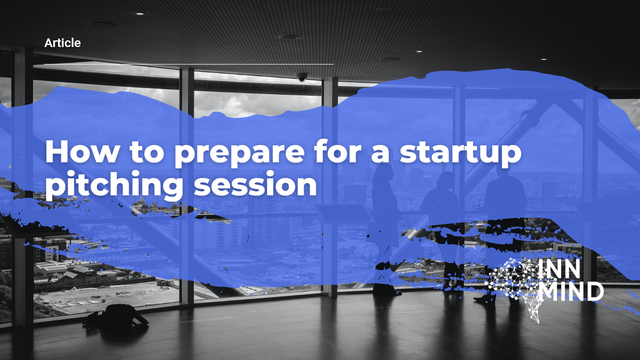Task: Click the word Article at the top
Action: [x=63, y=43]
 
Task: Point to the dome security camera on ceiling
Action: [x=302, y=77]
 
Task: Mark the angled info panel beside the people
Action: [x=342, y=214]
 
